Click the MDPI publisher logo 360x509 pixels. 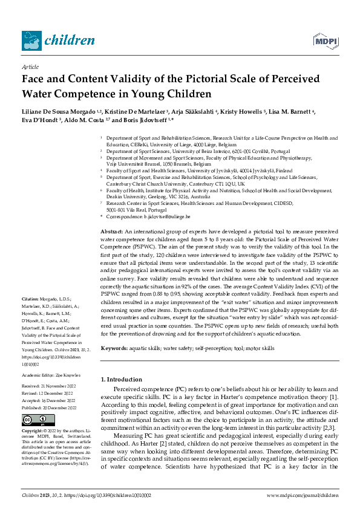pos(325,40)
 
